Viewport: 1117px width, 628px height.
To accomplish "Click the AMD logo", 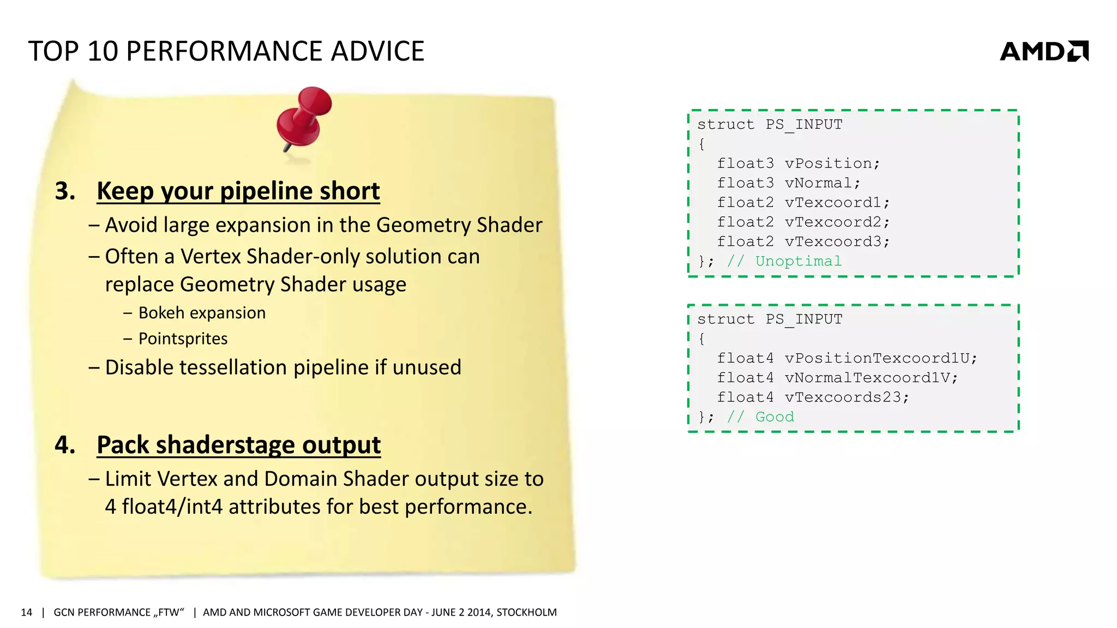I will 1043,51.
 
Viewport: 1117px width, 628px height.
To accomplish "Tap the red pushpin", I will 304,117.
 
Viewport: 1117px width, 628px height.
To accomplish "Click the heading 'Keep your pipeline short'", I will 238,191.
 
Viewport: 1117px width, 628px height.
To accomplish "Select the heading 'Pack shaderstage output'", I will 238,445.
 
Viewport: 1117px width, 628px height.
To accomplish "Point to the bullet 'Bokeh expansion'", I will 202,313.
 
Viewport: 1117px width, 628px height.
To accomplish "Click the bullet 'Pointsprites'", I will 183,339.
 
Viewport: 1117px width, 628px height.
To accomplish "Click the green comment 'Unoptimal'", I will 798,261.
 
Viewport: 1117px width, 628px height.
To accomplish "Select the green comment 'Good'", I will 774,417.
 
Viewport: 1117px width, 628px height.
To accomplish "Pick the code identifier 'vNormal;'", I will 822,183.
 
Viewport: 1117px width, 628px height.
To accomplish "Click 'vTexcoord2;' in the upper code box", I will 837,222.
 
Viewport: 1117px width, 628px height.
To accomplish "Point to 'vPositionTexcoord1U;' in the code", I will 880,358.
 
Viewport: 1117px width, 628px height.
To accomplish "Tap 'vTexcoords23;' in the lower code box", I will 846,397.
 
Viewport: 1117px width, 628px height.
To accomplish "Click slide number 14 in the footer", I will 26,613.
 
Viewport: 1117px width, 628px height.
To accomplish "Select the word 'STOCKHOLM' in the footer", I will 526,613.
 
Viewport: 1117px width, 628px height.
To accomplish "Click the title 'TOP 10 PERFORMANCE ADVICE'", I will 226,51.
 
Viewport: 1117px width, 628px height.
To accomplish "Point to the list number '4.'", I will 65,445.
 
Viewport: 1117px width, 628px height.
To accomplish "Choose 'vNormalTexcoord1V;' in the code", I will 870,378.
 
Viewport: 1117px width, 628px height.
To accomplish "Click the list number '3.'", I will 65,191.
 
